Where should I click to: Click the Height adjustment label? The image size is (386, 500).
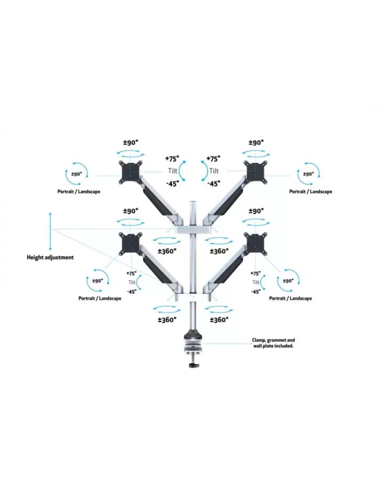[x=50, y=257]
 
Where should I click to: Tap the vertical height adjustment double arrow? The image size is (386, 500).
[x=50, y=232]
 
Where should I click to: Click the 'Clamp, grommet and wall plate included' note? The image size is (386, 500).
[x=273, y=343]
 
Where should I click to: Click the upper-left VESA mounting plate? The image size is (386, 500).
[x=130, y=172]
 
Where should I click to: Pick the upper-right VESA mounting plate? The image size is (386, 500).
[x=255, y=172]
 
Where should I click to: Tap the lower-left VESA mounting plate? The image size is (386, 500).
[x=130, y=244]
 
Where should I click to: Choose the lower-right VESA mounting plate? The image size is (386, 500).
[x=255, y=244]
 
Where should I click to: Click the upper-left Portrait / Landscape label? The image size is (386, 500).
[x=79, y=191]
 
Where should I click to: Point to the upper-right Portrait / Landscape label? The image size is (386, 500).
[x=310, y=191]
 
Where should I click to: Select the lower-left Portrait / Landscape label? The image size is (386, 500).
[x=100, y=298]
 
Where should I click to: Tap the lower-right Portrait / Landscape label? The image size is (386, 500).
[x=290, y=298]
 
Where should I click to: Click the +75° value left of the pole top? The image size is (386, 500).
[x=172, y=158]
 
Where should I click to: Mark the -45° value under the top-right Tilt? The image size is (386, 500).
[x=214, y=183]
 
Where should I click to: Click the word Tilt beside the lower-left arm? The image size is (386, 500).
[x=132, y=282]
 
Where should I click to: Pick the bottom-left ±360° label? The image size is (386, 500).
[x=167, y=319]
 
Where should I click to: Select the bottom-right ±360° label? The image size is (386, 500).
[x=219, y=319]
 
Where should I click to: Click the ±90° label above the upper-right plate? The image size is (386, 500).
[x=256, y=142]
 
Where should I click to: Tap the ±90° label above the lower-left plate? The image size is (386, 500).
[x=131, y=211]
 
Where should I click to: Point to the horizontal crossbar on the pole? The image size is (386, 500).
[x=193, y=230]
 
